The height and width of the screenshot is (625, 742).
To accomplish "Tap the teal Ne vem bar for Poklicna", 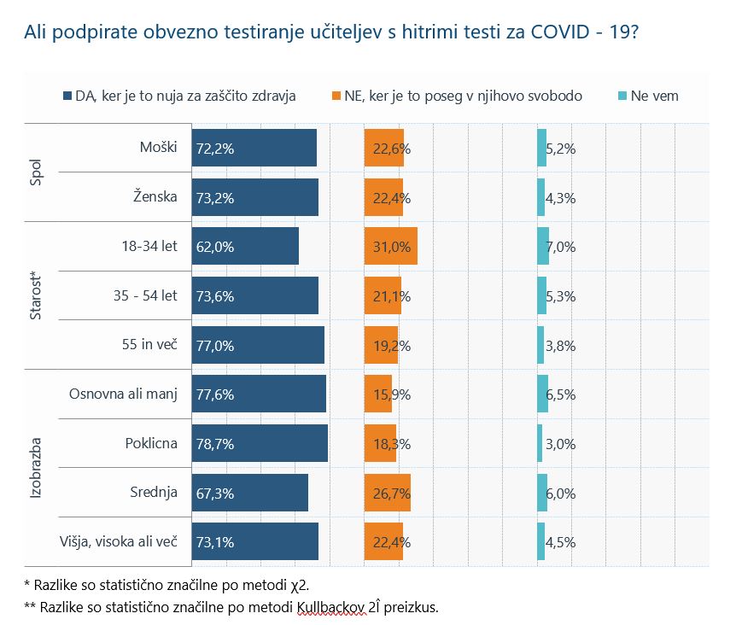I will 540,444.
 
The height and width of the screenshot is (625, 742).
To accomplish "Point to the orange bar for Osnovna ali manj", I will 377,394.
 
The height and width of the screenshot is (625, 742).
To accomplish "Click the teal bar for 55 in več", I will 540,346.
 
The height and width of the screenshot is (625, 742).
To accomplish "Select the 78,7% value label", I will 215,444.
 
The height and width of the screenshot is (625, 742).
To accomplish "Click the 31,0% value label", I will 392,247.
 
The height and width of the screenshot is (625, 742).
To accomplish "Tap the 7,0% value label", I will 561,247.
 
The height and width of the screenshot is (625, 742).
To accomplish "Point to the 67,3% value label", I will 215,493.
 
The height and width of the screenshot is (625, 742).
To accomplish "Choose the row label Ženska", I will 155,197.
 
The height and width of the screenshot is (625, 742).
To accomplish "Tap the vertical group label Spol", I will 36,172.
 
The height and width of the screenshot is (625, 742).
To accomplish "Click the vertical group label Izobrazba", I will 36,468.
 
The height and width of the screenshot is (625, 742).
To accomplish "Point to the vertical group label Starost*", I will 36,296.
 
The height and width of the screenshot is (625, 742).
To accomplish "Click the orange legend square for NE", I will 336,96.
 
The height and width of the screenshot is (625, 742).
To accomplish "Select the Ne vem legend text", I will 654,96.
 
